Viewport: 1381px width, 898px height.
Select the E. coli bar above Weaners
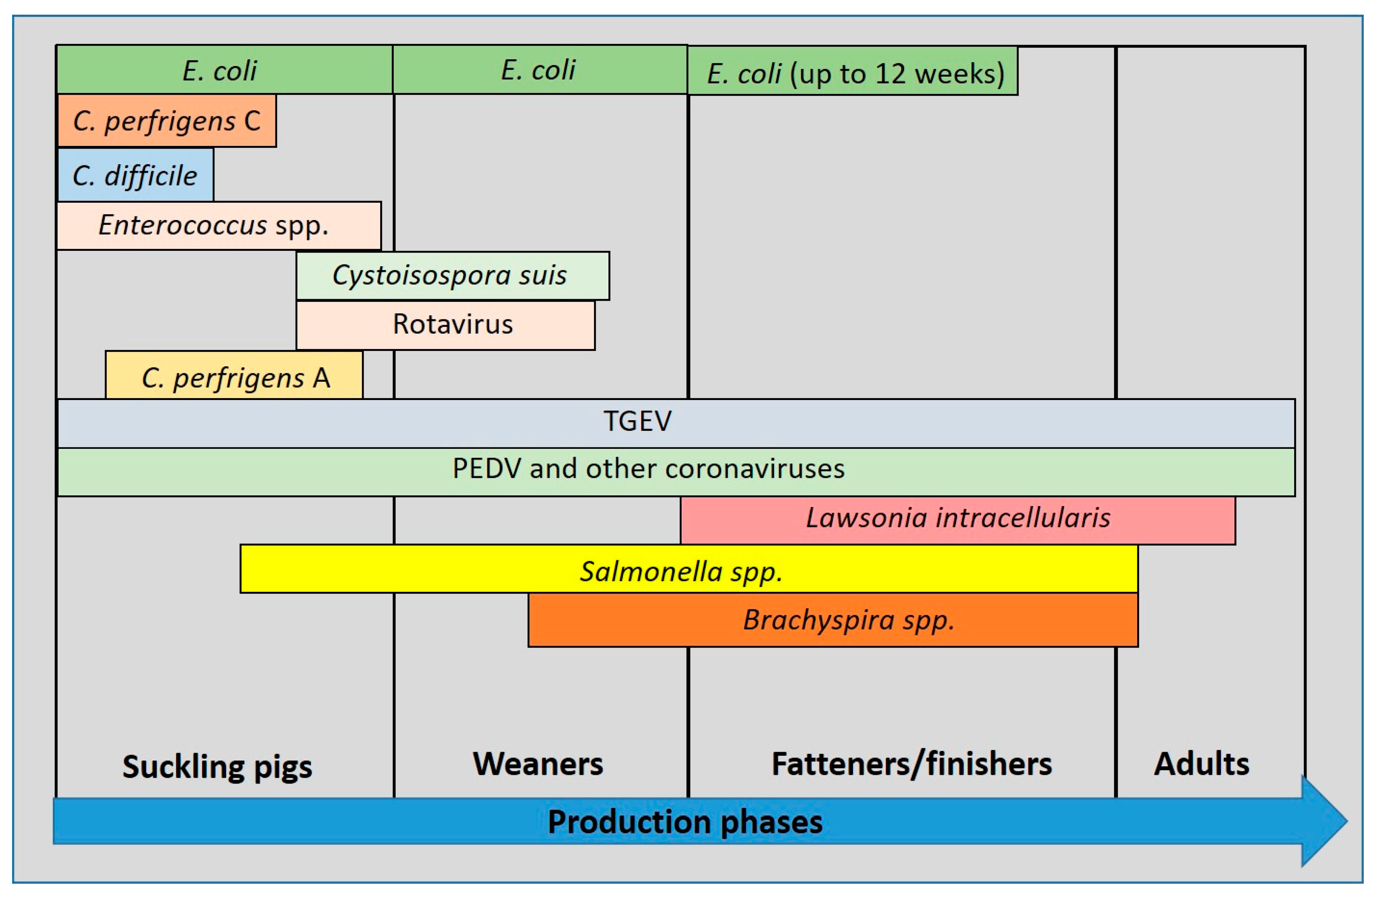click(x=540, y=70)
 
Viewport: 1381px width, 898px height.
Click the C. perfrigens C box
click(x=166, y=121)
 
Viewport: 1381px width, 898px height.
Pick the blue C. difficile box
click(x=135, y=175)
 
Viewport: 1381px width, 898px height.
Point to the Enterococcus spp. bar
click(x=219, y=225)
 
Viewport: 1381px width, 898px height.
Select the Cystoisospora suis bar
click(x=453, y=275)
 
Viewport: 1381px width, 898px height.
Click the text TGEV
click(x=637, y=421)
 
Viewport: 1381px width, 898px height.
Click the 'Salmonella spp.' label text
click(x=681, y=572)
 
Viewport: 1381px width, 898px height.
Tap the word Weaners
click(x=538, y=764)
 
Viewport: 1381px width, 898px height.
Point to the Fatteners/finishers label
click(x=911, y=764)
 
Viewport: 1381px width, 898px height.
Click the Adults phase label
click(x=1201, y=764)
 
